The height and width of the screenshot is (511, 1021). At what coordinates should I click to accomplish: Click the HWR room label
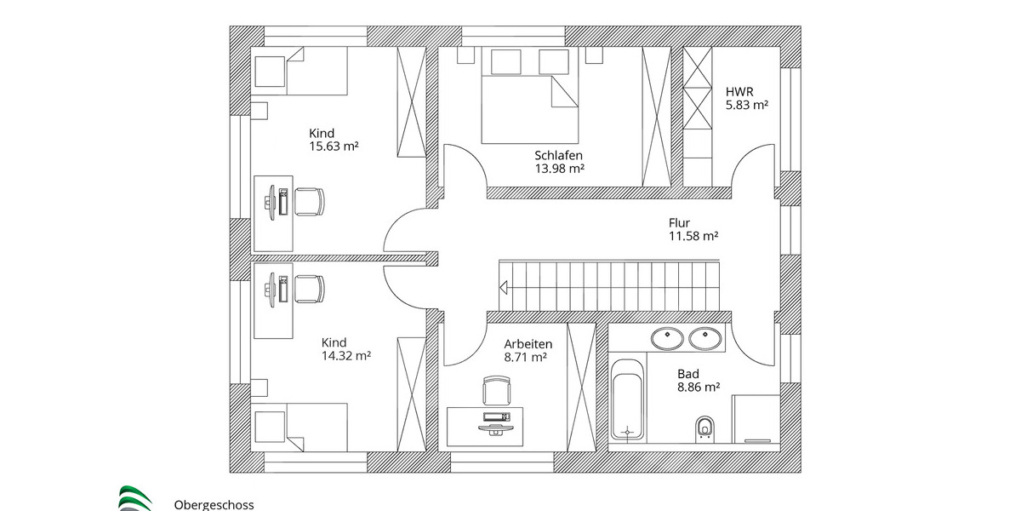(x=739, y=90)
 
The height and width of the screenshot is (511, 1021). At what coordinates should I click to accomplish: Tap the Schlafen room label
(x=558, y=155)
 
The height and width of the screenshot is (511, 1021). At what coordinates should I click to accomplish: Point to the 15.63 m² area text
(x=334, y=146)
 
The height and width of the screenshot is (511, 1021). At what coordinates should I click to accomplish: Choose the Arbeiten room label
(x=528, y=344)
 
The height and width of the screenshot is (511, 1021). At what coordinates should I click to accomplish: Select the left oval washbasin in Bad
(x=667, y=339)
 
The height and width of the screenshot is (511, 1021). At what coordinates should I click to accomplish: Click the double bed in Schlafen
(x=531, y=95)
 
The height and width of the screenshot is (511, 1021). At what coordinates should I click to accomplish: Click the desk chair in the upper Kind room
(x=308, y=202)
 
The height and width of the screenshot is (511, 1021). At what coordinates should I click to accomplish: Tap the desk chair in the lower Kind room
(x=308, y=288)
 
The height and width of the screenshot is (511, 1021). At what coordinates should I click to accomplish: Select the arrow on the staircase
(x=505, y=287)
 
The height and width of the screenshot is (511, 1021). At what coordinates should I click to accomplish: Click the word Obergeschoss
(x=214, y=505)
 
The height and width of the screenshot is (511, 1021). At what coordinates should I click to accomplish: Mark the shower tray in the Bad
(x=756, y=419)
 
